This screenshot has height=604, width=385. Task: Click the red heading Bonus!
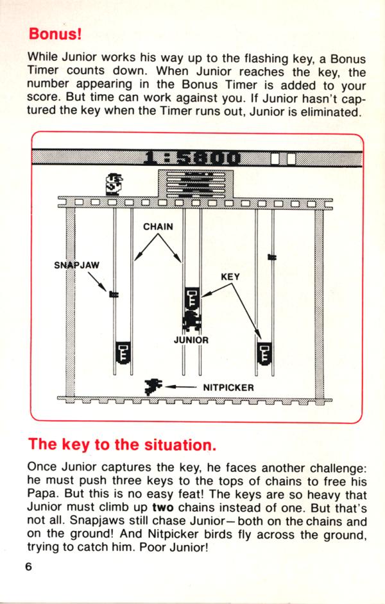click(55, 33)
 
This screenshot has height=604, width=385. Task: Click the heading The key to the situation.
click(122, 445)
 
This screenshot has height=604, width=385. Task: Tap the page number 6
click(28, 567)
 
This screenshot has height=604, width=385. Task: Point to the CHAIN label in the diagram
click(158, 227)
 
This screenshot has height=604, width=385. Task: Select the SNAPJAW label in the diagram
click(77, 265)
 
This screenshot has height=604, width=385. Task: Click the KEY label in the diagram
click(230, 277)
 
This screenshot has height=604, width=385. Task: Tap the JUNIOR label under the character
click(191, 340)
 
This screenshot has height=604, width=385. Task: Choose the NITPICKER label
click(229, 388)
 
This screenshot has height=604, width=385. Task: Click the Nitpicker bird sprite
click(153, 386)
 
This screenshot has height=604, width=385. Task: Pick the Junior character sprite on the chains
click(192, 320)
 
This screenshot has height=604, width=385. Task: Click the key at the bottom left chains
click(123, 352)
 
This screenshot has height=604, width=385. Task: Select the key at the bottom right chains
click(264, 352)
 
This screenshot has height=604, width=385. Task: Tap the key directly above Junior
click(192, 298)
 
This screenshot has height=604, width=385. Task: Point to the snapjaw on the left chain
click(114, 295)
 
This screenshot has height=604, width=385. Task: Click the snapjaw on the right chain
click(272, 257)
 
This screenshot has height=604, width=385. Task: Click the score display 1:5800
click(192, 158)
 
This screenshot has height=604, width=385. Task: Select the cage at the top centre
click(196, 183)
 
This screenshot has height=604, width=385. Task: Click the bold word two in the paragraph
click(163, 507)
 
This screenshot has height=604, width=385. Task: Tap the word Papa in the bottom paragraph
click(42, 494)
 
